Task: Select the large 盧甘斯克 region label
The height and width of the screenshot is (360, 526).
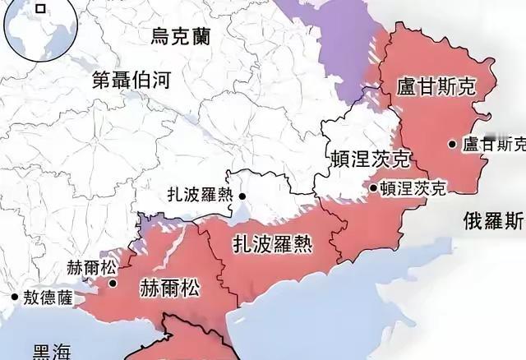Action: [x=436, y=88]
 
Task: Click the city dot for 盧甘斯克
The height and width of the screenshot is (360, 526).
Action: [x=452, y=144]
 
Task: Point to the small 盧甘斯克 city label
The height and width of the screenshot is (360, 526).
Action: [x=493, y=144]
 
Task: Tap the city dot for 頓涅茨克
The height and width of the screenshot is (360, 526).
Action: [x=373, y=188]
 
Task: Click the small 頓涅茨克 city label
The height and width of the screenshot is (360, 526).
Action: [x=413, y=188]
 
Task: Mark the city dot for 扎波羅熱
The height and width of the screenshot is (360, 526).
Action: [x=242, y=196]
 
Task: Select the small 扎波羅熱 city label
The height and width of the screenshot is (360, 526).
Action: [x=205, y=196]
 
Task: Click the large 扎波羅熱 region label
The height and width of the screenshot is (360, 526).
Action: [x=271, y=244]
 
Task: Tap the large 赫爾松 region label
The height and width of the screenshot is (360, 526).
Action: [x=170, y=289]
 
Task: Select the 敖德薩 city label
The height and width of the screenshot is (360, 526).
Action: [x=47, y=298]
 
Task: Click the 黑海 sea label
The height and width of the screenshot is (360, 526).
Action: [x=51, y=351]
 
